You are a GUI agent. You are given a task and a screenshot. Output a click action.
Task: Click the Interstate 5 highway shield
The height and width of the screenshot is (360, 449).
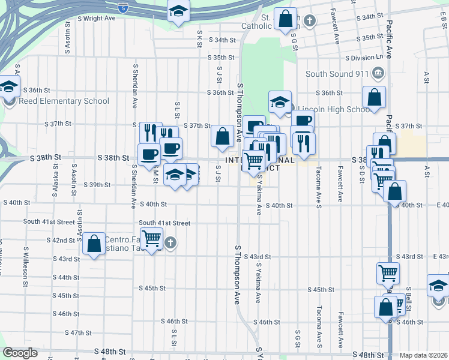point(122,8)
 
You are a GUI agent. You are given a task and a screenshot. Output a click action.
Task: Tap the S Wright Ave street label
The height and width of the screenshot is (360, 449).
point(96,19)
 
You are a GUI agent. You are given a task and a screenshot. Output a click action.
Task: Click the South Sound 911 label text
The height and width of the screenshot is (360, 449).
point(337,74)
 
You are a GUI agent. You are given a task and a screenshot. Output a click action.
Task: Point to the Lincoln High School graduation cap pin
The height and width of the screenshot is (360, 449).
point(280,103)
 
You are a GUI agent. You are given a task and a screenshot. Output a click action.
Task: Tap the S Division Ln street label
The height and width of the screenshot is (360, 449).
point(364,57)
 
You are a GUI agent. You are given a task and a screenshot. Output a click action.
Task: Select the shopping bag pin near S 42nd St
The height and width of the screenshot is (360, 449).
point(94,244)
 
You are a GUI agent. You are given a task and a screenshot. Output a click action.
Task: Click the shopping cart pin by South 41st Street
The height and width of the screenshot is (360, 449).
point(151,239)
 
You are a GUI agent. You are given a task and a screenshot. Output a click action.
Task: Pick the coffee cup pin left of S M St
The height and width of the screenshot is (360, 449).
point(149,154)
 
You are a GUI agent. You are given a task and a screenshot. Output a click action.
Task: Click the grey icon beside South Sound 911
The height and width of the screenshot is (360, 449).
point(379,74)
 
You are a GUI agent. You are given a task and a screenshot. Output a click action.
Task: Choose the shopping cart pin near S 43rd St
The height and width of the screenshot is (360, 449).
point(388,273)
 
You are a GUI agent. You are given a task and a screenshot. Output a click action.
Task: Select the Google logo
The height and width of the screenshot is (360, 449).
point(20,353)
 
